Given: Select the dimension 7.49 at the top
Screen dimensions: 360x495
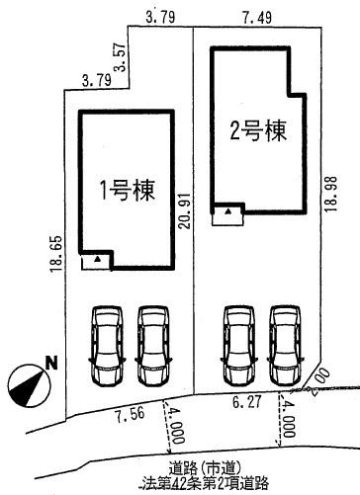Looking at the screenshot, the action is click(256, 16).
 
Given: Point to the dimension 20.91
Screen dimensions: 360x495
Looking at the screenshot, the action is click(184, 210).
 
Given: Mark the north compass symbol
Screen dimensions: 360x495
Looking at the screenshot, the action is click(26, 383).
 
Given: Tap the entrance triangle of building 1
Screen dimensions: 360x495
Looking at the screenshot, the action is click(99, 259).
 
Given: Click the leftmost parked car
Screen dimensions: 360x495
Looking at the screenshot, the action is click(106, 346).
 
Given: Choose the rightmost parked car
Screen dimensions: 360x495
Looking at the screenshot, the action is click(285, 346).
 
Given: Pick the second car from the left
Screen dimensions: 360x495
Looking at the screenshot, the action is click(152, 346).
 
